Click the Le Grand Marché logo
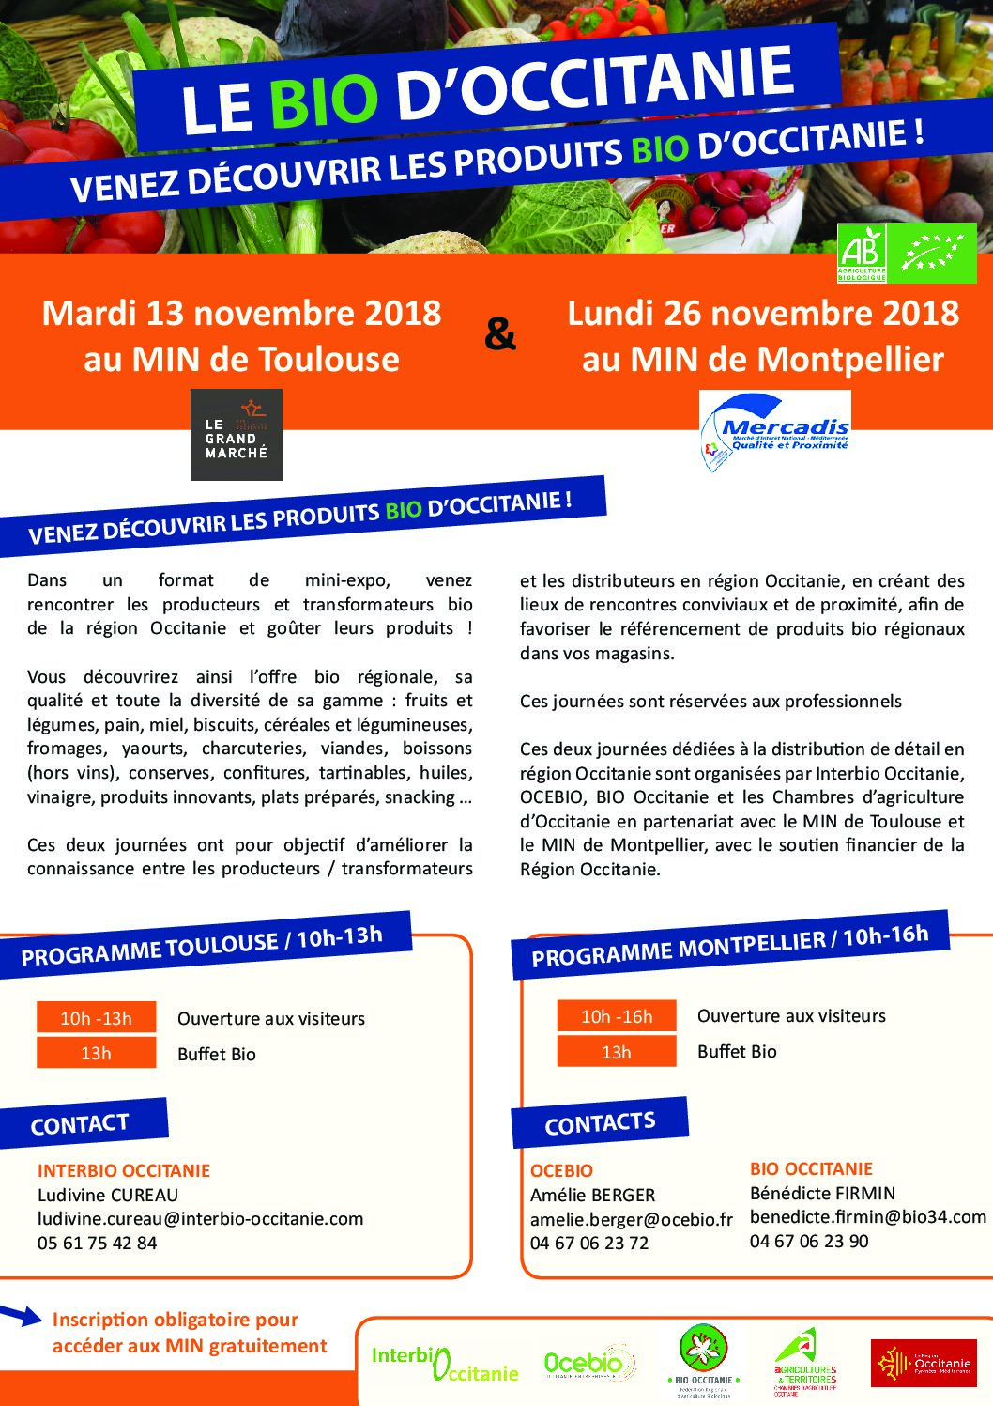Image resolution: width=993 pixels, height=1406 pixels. [237, 435]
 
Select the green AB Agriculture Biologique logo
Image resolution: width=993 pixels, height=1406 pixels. [862, 254]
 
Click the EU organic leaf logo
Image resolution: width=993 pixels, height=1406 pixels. [932, 254]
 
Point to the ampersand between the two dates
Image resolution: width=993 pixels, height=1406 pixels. [500, 334]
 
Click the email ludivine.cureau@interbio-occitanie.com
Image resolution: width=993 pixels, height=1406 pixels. [200, 1219]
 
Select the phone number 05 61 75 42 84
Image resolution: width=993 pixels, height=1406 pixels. [98, 1243]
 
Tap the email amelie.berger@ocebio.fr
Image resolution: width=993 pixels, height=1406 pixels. [631, 1219]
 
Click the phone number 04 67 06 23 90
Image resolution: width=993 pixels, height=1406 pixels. [809, 1241]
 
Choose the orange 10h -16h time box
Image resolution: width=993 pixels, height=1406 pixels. [617, 1016]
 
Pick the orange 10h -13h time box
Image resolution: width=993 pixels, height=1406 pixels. [96, 1018]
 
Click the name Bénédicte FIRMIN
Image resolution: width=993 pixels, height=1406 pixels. [822, 1193]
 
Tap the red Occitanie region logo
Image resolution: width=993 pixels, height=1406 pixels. [923, 1363]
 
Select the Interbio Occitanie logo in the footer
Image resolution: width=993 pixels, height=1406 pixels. [445, 1364]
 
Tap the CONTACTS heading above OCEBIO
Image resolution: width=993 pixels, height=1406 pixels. [600, 1123]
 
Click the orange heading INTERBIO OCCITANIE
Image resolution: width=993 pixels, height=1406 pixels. [124, 1170]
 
